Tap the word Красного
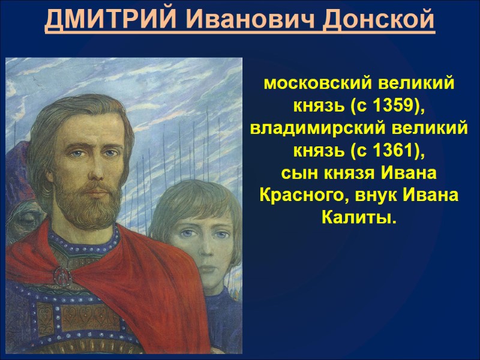pos(299,196)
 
